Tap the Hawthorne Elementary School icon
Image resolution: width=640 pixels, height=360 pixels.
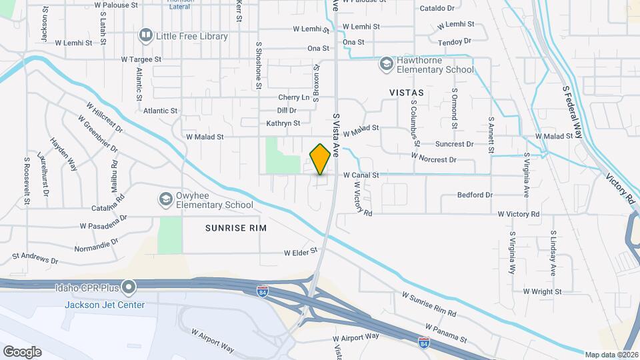(386, 64)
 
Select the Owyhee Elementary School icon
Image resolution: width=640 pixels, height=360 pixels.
(165, 199)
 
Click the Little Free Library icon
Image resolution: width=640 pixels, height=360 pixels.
(145, 35)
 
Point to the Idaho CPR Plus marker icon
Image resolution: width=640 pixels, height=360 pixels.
(129, 287)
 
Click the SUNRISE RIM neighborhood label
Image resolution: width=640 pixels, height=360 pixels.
(235, 228)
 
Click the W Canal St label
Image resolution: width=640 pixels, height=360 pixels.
(361, 175)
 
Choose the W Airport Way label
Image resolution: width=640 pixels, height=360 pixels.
(213, 340)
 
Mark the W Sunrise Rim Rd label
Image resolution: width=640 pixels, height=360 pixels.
(429, 304)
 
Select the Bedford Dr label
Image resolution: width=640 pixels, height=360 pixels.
(475, 195)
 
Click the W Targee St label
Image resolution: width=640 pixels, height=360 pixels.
(141, 59)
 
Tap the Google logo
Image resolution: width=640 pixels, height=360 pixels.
(21, 351)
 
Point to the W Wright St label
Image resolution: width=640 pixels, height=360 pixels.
(542, 291)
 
